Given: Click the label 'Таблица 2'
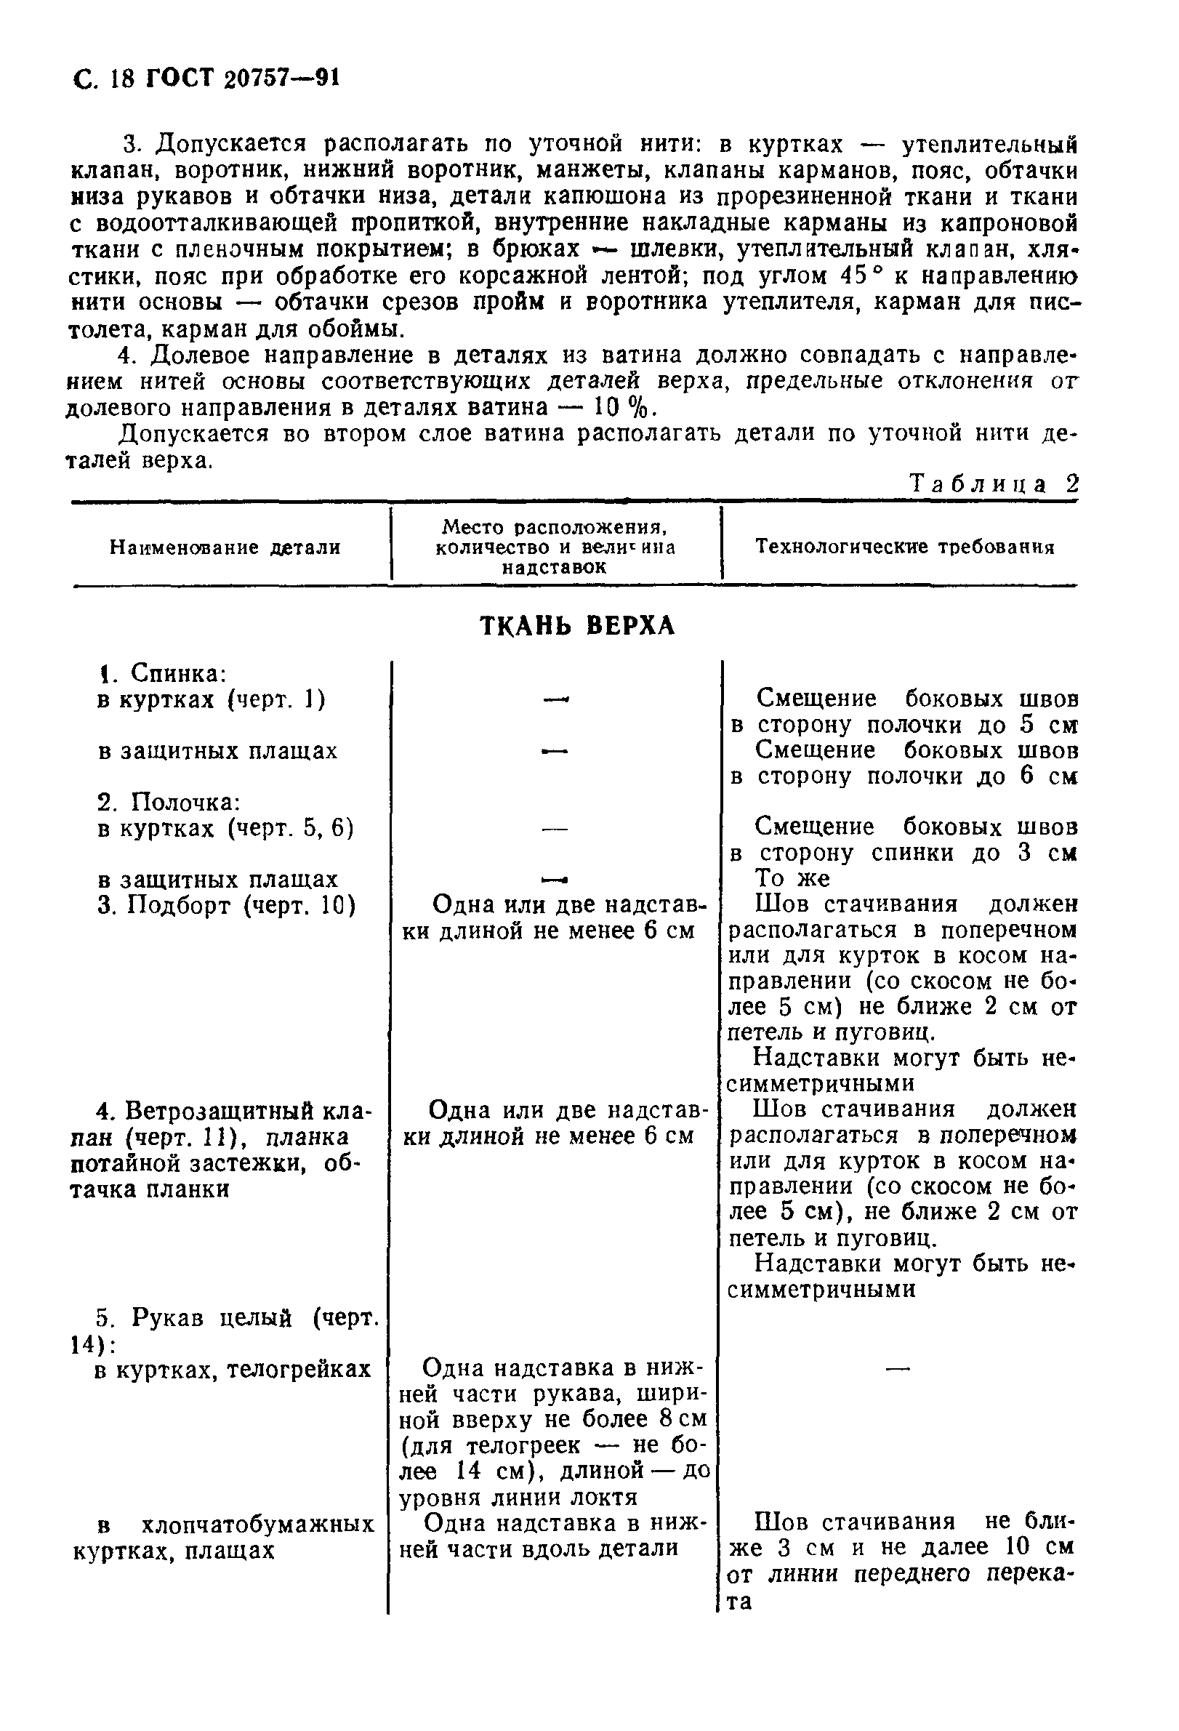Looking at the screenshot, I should [994, 484].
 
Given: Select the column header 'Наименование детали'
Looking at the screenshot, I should [225, 548].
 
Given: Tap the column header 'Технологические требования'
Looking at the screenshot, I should [905, 547].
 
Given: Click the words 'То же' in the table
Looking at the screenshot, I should [792, 879].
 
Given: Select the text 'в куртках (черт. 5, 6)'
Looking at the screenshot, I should [225, 828].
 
